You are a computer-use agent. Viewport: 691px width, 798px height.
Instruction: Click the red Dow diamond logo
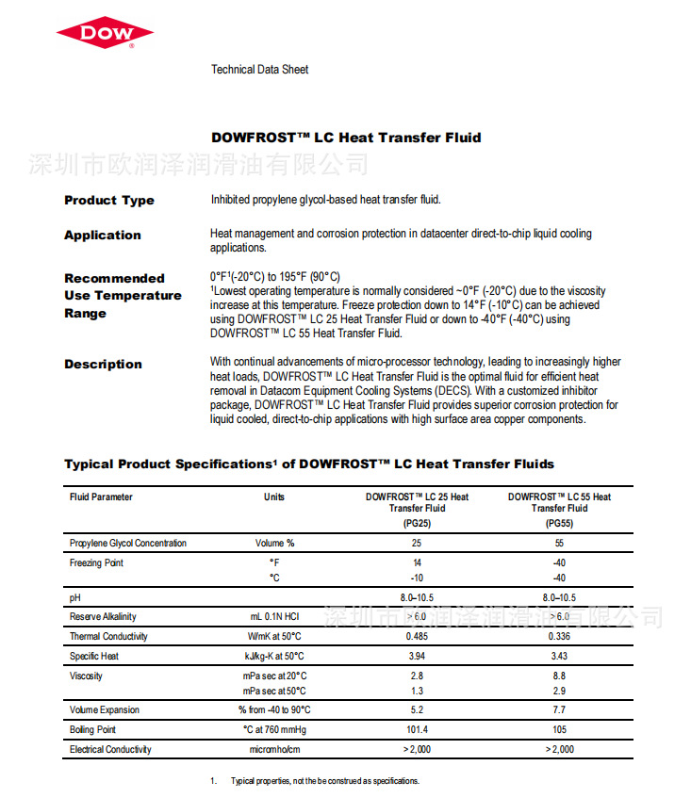point(105,34)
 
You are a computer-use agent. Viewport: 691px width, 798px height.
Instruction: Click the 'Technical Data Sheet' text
point(259,70)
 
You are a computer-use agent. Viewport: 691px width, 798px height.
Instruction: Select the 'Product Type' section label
point(109,200)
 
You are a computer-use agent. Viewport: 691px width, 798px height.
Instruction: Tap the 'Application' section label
point(103,235)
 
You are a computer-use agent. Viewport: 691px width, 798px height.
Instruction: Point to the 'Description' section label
point(103,364)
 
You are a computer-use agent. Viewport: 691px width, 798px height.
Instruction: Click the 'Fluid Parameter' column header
point(101,497)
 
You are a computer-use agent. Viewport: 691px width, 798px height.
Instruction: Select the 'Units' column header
point(274,497)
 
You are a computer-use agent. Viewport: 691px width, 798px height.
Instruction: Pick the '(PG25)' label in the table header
point(417,523)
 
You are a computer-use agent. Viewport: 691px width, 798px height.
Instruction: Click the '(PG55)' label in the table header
point(559,523)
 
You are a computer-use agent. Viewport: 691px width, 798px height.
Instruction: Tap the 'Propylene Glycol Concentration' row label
point(128,543)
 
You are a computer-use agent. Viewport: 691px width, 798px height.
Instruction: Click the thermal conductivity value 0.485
point(417,636)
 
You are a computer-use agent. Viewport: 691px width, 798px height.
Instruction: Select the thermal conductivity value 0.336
point(559,636)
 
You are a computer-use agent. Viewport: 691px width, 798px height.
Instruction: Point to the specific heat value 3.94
point(417,656)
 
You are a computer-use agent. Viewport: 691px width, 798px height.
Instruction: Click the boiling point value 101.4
point(417,729)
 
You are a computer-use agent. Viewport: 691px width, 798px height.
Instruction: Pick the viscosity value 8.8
point(559,676)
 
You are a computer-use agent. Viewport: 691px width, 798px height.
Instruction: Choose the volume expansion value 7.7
point(559,709)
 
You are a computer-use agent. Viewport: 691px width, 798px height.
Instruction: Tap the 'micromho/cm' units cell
point(274,749)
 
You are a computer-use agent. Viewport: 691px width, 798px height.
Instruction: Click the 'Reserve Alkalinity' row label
point(103,616)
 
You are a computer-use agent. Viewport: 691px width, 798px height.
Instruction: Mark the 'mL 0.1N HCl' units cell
point(274,616)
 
